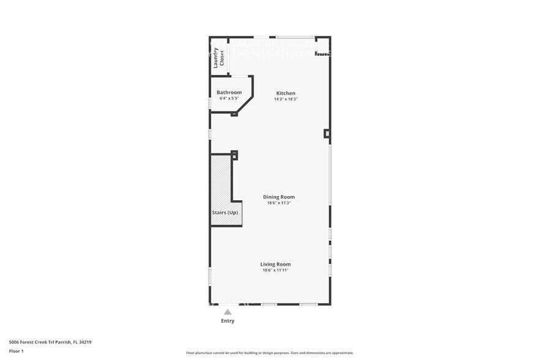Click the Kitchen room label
tap(285, 93)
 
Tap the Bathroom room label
tap(229, 92)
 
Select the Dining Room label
tap(279, 197)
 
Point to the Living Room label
tap(275, 264)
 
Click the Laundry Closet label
tap(219, 58)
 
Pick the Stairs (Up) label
tap(225, 212)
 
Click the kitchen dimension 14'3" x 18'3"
tap(285, 99)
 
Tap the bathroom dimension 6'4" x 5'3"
tap(229, 99)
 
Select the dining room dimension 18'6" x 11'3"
tap(279, 203)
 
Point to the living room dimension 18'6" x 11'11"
tap(275, 270)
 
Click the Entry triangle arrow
tap(227, 312)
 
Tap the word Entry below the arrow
tap(227, 321)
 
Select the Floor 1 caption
tap(16, 351)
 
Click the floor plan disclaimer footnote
tap(269, 353)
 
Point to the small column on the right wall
tap(327, 133)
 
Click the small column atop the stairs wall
tap(234, 154)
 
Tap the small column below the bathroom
tap(234, 114)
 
